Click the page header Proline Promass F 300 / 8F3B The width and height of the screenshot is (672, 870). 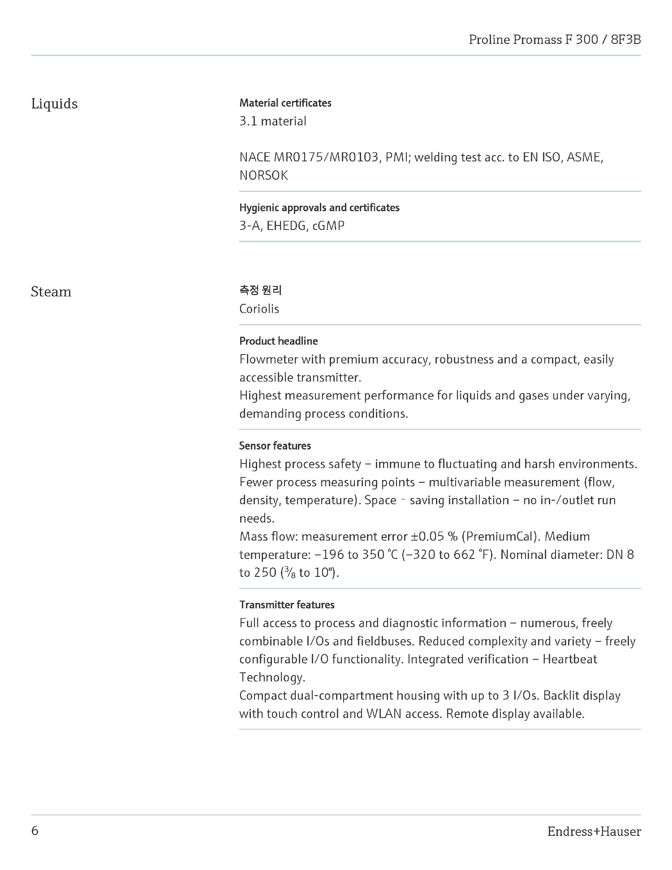555,40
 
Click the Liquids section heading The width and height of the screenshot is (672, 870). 54,104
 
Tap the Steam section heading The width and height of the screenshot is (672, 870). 51,292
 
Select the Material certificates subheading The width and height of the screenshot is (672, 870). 285,103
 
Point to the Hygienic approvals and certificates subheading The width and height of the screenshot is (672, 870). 319,208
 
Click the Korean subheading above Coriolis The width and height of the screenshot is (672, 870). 260,290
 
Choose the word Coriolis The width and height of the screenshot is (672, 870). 259,309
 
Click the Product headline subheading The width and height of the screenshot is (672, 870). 278,341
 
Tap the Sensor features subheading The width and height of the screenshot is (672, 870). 275,446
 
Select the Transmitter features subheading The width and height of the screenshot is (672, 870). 287,605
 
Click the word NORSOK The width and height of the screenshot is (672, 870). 263,175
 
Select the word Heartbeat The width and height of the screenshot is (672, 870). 570,659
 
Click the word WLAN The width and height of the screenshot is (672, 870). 383,714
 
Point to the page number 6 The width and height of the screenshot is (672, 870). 35,831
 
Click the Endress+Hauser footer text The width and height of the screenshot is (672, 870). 594,832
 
